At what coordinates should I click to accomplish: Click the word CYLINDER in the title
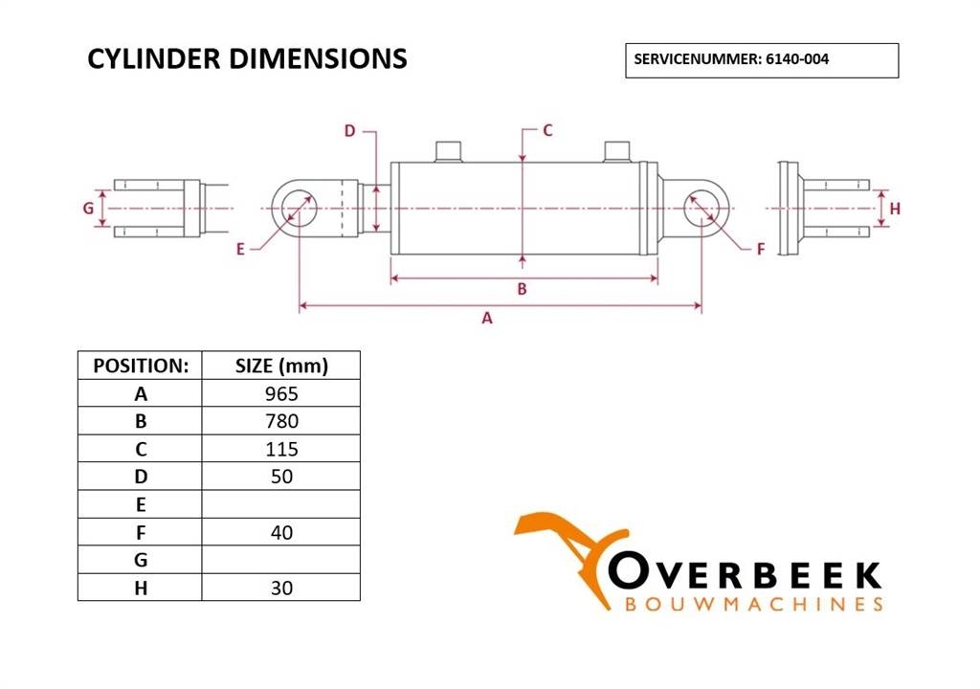point(154,58)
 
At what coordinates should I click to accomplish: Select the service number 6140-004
point(797,59)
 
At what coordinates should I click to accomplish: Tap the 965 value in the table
point(281,394)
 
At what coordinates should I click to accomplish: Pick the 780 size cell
point(281,421)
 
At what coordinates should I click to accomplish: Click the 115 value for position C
point(281,449)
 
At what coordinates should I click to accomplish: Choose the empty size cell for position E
point(281,504)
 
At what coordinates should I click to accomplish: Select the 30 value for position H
point(281,588)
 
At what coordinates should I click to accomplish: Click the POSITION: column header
point(141,366)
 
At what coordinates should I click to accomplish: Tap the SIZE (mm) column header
point(281,366)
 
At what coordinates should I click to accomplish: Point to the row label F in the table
point(141,533)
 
